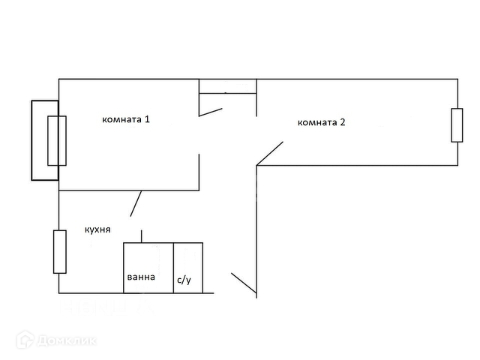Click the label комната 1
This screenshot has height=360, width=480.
[126, 119]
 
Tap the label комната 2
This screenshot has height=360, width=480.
[321, 122]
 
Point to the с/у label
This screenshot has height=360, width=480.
[184, 280]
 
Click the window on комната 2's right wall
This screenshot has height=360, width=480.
[457, 125]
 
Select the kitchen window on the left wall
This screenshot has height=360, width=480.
[59, 251]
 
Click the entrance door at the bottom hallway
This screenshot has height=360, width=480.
[244, 283]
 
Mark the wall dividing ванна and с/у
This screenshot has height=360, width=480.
[173, 268]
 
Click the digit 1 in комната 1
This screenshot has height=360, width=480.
[148, 119]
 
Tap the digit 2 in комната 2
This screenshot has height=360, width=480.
[343, 122]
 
